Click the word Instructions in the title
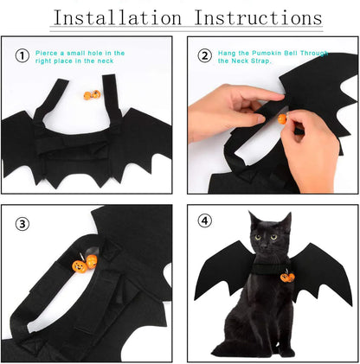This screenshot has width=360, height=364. tap(260, 17)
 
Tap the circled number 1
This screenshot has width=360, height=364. tap(22, 56)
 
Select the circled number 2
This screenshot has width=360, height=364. tap(205, 56)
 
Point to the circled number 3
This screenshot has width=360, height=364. tap(22, 224)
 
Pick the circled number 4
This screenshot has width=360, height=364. tap(205, 220)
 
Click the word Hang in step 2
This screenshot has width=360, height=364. tap(228, 53)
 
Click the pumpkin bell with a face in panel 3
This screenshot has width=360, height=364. tap(80, 265)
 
